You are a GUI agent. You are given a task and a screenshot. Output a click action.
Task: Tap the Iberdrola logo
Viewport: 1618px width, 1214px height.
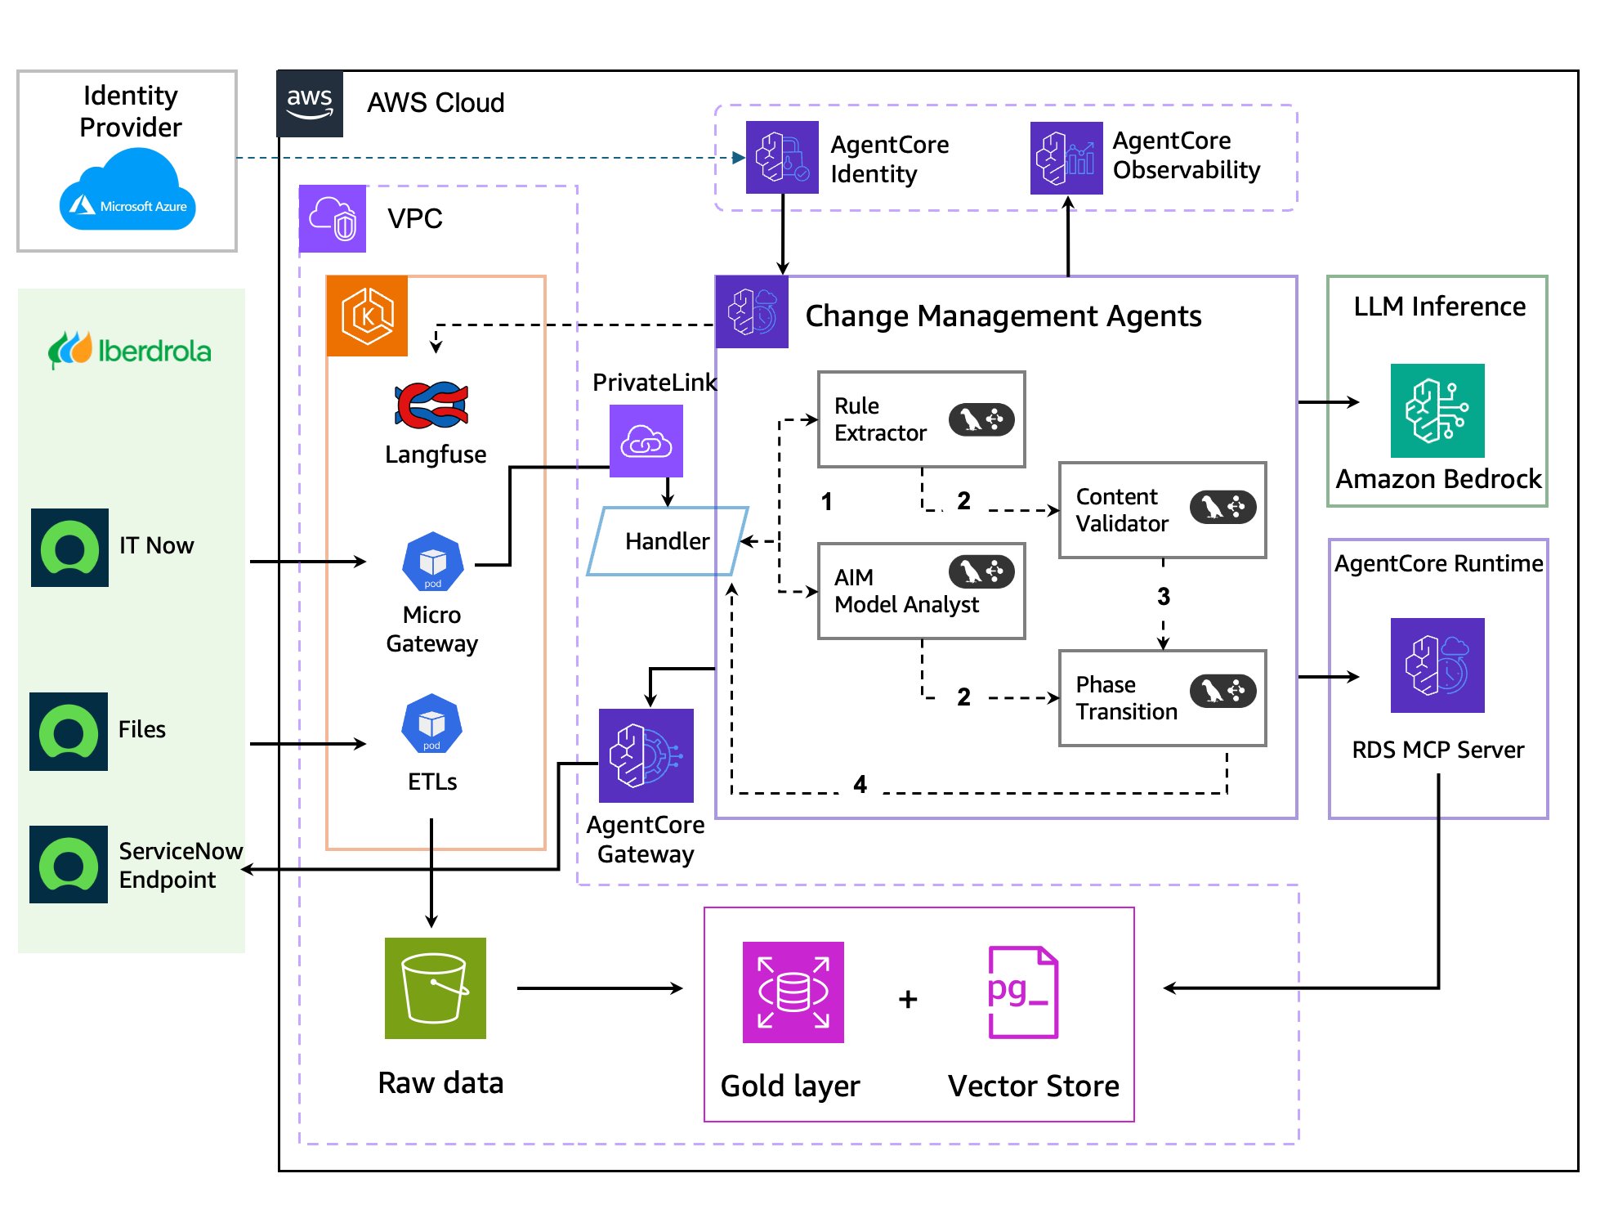[x=130, y=351]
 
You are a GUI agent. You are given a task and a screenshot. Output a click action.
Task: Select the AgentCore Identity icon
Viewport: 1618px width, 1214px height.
[x=782, y=157]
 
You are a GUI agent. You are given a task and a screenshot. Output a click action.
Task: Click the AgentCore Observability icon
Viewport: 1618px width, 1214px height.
[x=1066, y=158]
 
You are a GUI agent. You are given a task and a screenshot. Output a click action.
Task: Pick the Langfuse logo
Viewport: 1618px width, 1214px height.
[x=432, y=405]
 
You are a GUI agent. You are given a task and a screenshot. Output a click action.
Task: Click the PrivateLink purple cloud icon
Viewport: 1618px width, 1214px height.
[x=646, y=441]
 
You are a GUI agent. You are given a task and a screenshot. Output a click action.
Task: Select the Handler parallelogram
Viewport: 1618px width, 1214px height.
[x=668, y=540]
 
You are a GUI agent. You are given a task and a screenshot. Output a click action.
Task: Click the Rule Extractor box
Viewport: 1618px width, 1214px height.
[x=921, y=419]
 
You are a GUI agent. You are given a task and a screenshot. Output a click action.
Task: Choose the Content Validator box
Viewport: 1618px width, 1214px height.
[x=1162, y=510]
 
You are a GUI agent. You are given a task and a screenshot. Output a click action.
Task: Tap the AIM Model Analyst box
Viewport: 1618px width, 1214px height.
[x=921, y=590]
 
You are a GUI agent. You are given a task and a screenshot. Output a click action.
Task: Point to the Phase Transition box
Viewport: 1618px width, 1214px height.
[x=1162, y=697]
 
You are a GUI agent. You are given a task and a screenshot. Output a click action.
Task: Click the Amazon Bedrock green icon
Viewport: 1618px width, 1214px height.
[x=1437, y=410]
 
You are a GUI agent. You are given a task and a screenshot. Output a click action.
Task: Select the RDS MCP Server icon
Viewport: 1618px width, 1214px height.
[x=1437, y=665]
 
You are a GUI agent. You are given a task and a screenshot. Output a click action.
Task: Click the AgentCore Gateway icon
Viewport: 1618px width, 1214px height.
[x=646, y=755]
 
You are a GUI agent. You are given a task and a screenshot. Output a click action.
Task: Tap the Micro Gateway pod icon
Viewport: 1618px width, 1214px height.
[x=432, y=562]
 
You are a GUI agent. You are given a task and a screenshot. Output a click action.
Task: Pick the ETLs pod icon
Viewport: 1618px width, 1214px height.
[x=431, y=723]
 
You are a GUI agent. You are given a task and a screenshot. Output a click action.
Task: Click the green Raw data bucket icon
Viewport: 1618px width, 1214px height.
[x=435, y=988]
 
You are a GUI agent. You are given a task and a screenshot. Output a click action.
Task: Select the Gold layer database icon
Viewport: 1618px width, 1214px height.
[x=793, y=992]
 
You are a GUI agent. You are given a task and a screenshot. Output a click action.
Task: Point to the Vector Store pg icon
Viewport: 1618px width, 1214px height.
[x=1022, y=992]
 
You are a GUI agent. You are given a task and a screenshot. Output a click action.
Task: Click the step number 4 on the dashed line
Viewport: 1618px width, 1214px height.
[x=860, y=785]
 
